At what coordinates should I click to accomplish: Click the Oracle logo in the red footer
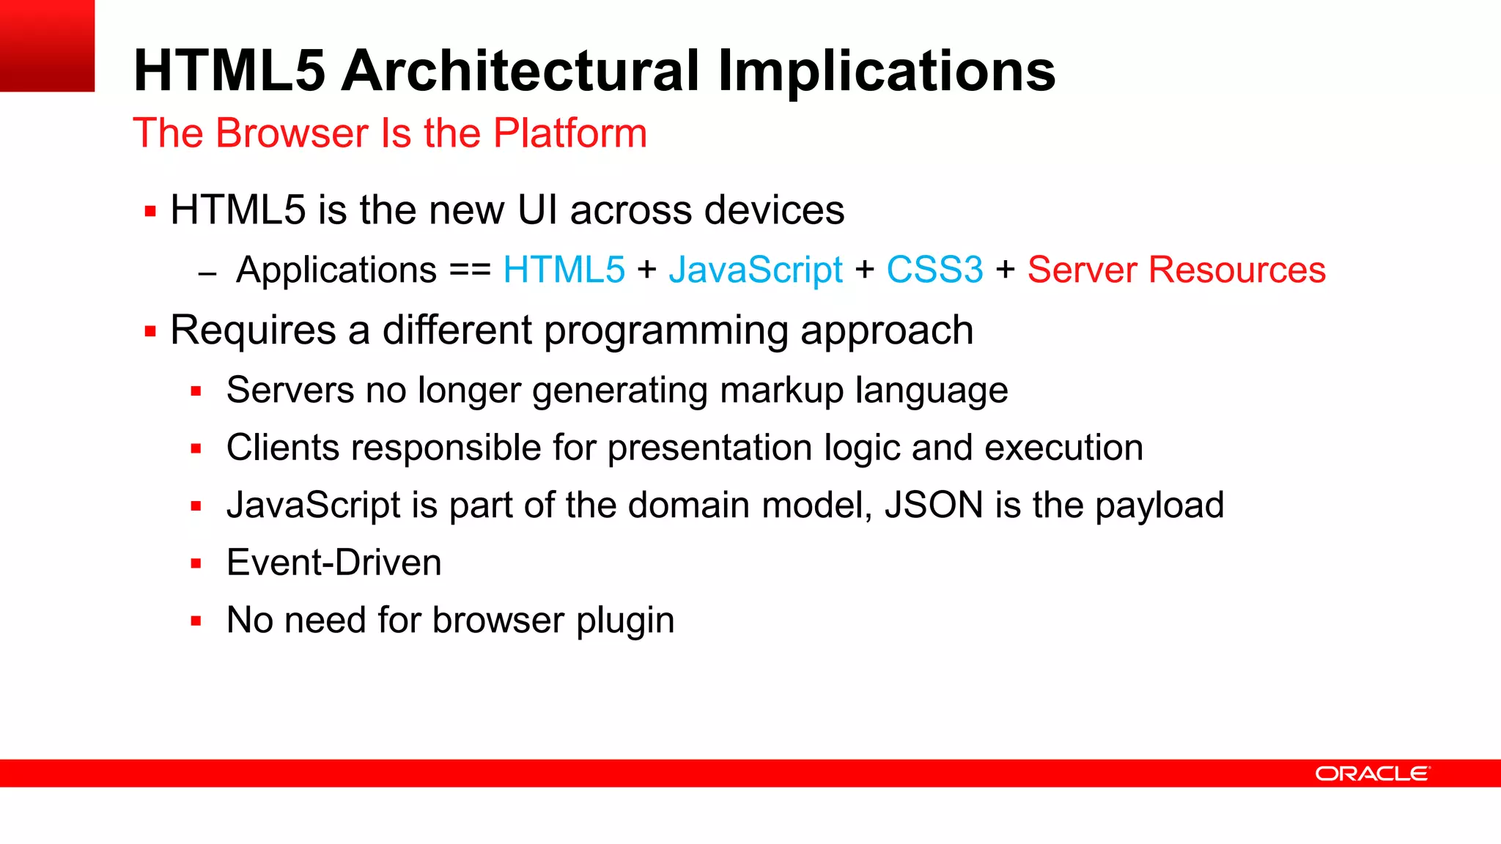click(1372, 774)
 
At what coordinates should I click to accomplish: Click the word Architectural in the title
click(522, 71)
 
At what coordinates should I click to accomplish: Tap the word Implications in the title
click(886, 71)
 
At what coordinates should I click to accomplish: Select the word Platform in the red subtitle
click(570, 133)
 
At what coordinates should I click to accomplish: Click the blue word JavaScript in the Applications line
click(756, 270)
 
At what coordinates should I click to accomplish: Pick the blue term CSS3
click(934, 270)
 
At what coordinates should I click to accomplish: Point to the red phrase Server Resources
click(1176, 270)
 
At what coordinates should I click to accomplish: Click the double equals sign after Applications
click(470, 270)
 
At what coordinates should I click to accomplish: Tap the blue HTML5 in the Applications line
click(564, 270)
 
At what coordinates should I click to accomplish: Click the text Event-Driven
click(333, 563)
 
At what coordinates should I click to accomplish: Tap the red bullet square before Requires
click(151, 332)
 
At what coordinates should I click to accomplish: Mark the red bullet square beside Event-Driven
click(196, 563)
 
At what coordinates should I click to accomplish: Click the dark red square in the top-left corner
click(47, 45)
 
